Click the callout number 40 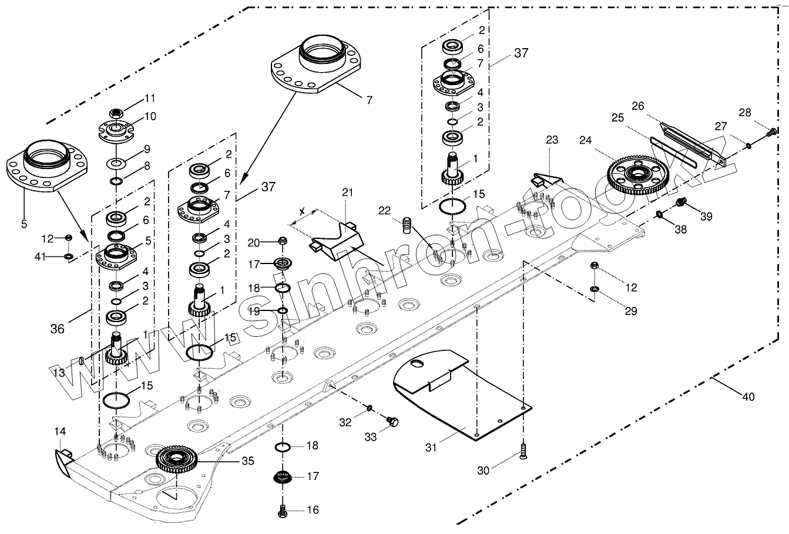(747, 397)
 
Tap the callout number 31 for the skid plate (432, 447)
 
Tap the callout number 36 (58, 329)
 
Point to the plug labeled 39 (681, 202)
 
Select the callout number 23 (552, 140)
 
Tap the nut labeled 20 (282, 241)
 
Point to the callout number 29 (631, 311)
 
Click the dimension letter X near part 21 (302, 210)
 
